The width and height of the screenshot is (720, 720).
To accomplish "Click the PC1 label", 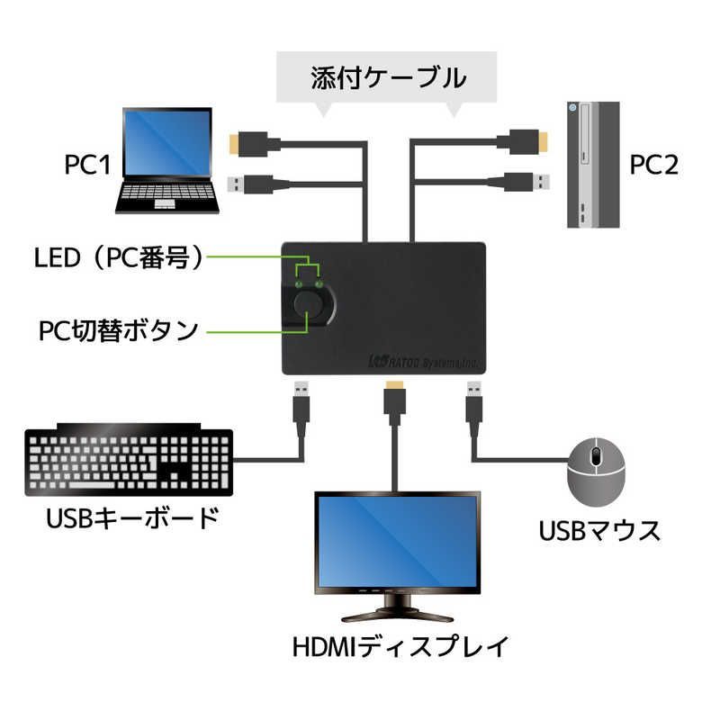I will (86, 165).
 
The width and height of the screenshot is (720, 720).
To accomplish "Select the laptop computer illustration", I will (168, 161).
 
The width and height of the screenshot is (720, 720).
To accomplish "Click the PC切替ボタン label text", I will (118, 330).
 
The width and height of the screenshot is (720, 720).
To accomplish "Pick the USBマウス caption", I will (599, 531).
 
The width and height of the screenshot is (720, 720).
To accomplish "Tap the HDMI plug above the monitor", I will (393, 398).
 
